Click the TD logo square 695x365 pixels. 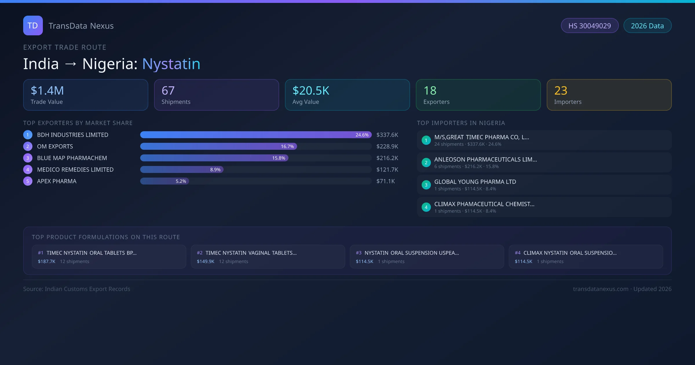click(33, 25)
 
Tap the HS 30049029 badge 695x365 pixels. click(590, 26)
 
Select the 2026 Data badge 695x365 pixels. click(647, 26)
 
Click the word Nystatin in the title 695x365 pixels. click(171, 64)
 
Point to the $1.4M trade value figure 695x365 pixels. click(47, 91)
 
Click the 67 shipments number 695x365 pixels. click(168, 91)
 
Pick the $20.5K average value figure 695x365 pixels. click(311, 91)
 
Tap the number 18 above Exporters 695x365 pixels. click(430, 91)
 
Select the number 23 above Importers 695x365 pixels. click(561, 91)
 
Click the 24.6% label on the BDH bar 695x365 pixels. click(362, 135)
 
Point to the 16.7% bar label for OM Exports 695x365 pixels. click(287, 147)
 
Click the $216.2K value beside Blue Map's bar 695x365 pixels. click(387, 158)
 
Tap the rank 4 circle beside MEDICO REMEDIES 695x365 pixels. click(28, 170)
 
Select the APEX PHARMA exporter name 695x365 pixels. click(57, 181)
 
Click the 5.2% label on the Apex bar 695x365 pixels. click(181, 181)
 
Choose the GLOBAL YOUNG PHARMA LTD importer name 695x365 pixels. click(475, 182)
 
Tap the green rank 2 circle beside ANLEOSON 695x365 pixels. click(426, 163)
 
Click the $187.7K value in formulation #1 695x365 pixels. click(47, 262)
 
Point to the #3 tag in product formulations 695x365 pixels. click(359, 253)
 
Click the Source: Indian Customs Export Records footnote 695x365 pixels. click(77, 289)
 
